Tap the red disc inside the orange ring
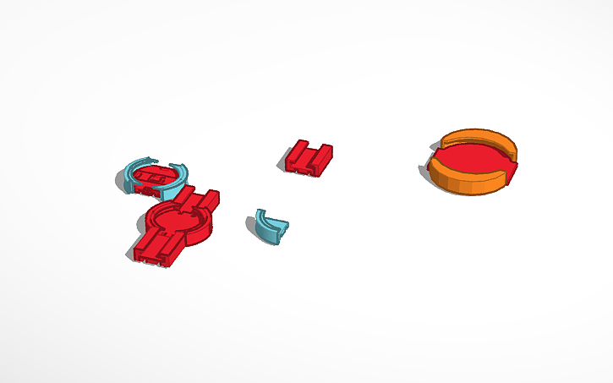pos(472,159)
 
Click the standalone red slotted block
pos(308,157)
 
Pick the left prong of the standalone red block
pos(298,152)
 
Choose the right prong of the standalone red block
pos(322,153)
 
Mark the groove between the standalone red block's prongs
pos(309,154)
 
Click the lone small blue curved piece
pos(271,226)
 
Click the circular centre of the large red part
pos(178,219)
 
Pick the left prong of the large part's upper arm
pos(187,195)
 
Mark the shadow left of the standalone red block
pos(283,164)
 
